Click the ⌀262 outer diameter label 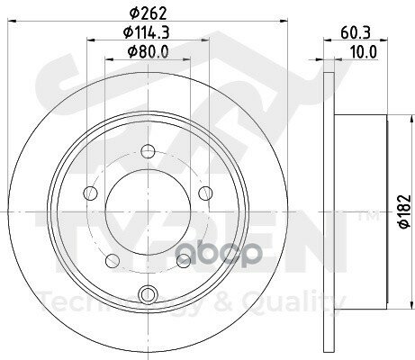[149, 13]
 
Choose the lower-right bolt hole [183, 260]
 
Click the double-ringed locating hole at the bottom [149, 292]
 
